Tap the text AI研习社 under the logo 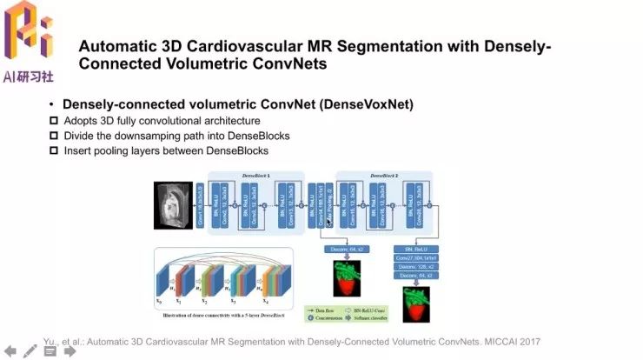click(28, 77)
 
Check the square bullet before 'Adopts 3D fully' click(54, 120)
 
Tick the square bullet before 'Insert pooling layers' click(54, 150)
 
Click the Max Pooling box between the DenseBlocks click(330, 207)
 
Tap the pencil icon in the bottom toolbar click(30, 351)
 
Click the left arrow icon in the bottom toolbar click(10, 351)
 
